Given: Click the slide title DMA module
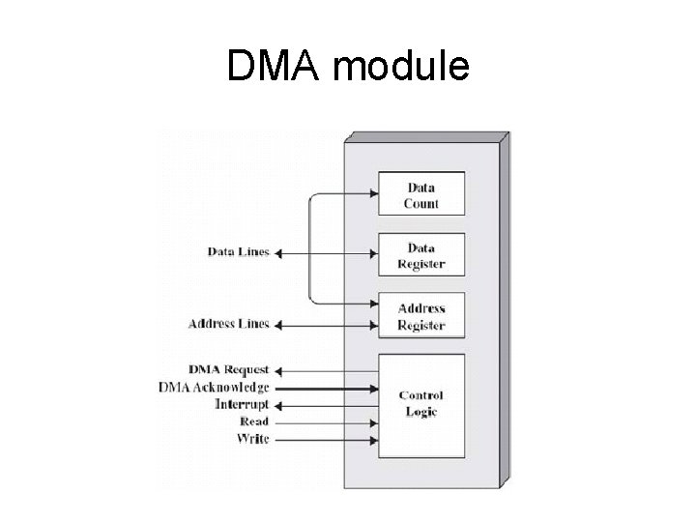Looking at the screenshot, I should point(348,67).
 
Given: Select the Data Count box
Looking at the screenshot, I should point(420,194).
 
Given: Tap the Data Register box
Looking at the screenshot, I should point(420,256).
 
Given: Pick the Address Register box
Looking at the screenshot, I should point(420,316).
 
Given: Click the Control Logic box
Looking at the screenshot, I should point(420,404).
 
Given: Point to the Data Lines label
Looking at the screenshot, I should point(239,253).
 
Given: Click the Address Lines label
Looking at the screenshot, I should point(229,324).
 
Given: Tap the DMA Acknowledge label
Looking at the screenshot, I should point(214,388).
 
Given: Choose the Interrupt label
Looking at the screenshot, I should point(242,405).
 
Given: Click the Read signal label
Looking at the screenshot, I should point(254,422).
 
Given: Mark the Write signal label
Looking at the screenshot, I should point(253,440).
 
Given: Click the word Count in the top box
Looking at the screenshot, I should point(421,204).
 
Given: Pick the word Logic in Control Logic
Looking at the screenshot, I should point(421,413).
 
